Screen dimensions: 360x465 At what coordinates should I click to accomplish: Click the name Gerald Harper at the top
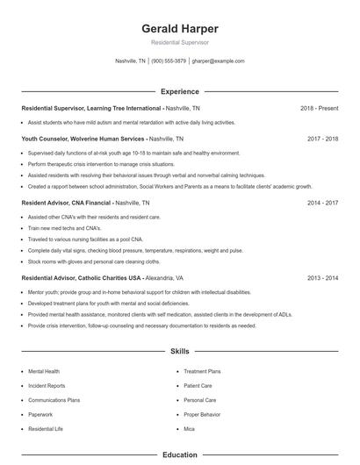[x=180, y=28]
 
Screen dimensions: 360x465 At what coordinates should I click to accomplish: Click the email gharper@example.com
[x=219, y=61]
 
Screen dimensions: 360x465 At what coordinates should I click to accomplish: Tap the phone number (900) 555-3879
[x=169, y=61]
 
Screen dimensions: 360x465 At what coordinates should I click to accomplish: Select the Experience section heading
[x=180, y=91]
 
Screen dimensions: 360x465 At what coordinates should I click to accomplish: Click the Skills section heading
[x=180, y=351]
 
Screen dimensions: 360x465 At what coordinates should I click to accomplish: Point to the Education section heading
[x=180, y=455]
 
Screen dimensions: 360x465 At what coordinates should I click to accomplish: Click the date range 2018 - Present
[x=320, y=108]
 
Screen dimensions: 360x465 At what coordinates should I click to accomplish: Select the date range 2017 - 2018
[x=322, y=139]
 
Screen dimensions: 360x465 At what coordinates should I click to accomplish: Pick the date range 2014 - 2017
[x=322, y=202]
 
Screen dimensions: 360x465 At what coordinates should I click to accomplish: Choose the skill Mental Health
[x=44, y=371]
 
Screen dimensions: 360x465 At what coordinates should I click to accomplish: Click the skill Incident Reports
[x=47, y=385]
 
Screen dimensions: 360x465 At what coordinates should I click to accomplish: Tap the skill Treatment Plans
[x=201, y=371]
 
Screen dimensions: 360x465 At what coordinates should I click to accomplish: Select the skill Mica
[x=189, y=428]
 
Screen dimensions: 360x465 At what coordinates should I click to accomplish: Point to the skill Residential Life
[x=46, y=428]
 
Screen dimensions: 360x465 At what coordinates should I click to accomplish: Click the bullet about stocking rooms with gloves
[x=94, y=261]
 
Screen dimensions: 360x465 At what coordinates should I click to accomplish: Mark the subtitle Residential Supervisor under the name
[x=180, y=42]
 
